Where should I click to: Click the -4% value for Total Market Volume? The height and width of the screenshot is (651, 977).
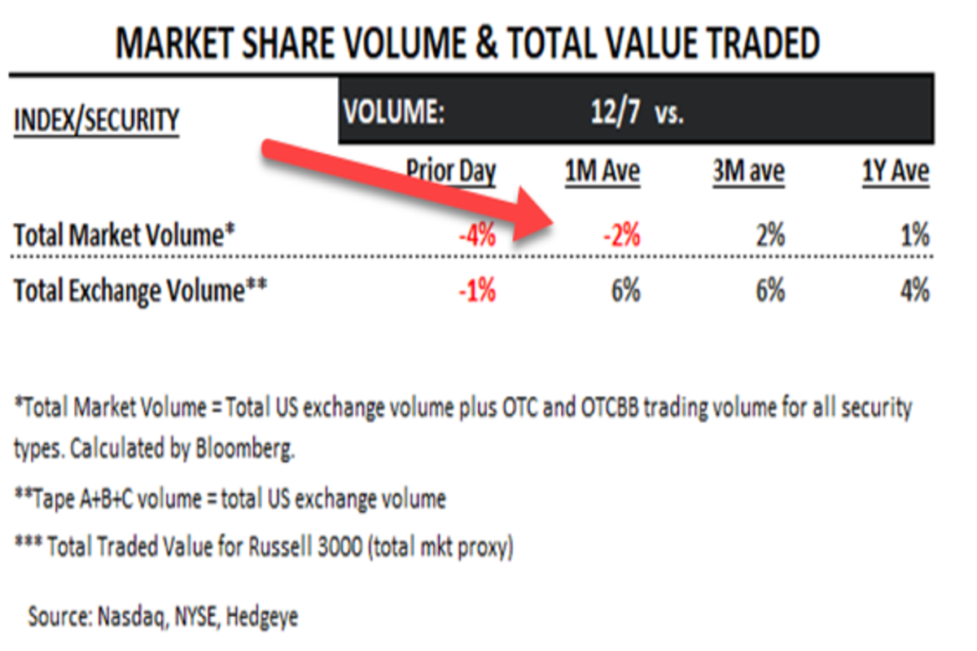[476, 237]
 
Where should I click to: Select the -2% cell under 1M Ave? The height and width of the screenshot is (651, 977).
[621, 237]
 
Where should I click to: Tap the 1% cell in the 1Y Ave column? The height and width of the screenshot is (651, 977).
[915, 237]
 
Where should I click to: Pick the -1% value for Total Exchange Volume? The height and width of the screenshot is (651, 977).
[476, 291]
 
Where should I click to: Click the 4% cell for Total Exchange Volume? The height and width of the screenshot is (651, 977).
[915, 291]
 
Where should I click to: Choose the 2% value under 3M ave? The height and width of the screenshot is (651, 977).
[769, 237]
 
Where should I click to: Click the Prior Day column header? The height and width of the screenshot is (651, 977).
[451, 172]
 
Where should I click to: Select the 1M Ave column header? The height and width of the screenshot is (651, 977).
[602, 172]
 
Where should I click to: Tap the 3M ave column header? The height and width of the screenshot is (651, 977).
[747, 172]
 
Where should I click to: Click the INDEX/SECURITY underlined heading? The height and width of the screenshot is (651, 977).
[96, 120]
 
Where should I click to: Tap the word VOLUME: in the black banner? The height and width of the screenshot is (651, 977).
[394, 112]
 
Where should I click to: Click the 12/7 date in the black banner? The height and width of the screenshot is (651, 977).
[615, 112]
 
